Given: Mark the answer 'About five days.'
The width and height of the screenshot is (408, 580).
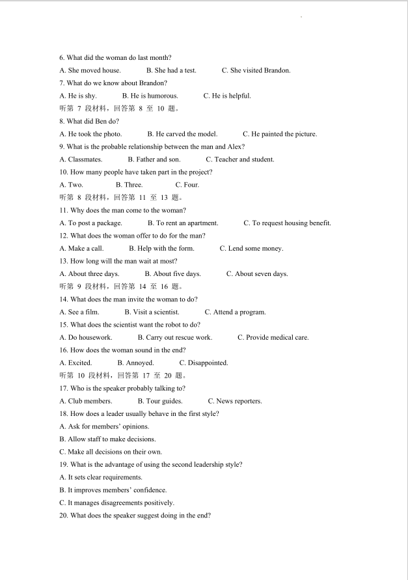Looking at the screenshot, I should click(172, 274).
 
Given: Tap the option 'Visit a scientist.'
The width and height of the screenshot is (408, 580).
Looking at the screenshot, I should click(152, 312).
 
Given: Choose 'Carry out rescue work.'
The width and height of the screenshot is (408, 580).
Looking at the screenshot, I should click(175, 338).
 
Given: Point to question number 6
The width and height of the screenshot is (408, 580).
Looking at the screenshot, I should click(62, 58).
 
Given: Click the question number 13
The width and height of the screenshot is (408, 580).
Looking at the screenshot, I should click(64, 261).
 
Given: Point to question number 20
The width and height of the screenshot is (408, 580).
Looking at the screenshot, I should click(64, 516).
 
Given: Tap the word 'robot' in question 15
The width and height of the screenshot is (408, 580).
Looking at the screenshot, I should click(158, 325).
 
